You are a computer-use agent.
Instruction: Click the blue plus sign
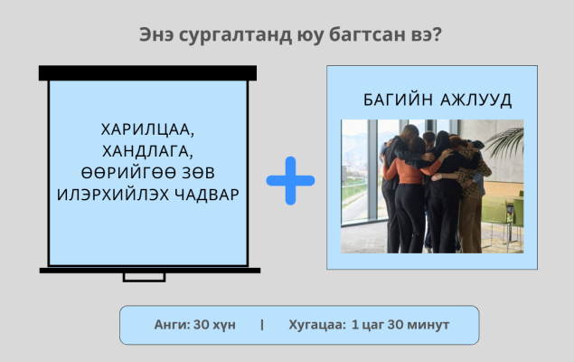(290, 181)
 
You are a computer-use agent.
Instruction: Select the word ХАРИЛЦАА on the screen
(147, 129)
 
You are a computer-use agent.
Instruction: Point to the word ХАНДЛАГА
(147, 151)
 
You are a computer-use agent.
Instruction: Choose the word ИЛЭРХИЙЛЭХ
(113, 195)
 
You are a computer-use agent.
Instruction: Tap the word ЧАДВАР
(207, 195)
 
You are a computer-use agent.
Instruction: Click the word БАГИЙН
(398, 100)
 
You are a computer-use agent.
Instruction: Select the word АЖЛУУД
(475, 100)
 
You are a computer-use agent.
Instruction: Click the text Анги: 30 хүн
(194, 325)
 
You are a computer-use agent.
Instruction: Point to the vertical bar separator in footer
(262, 325)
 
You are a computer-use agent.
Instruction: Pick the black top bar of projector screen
(147, 73)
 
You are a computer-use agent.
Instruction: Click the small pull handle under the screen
(144, 277)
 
